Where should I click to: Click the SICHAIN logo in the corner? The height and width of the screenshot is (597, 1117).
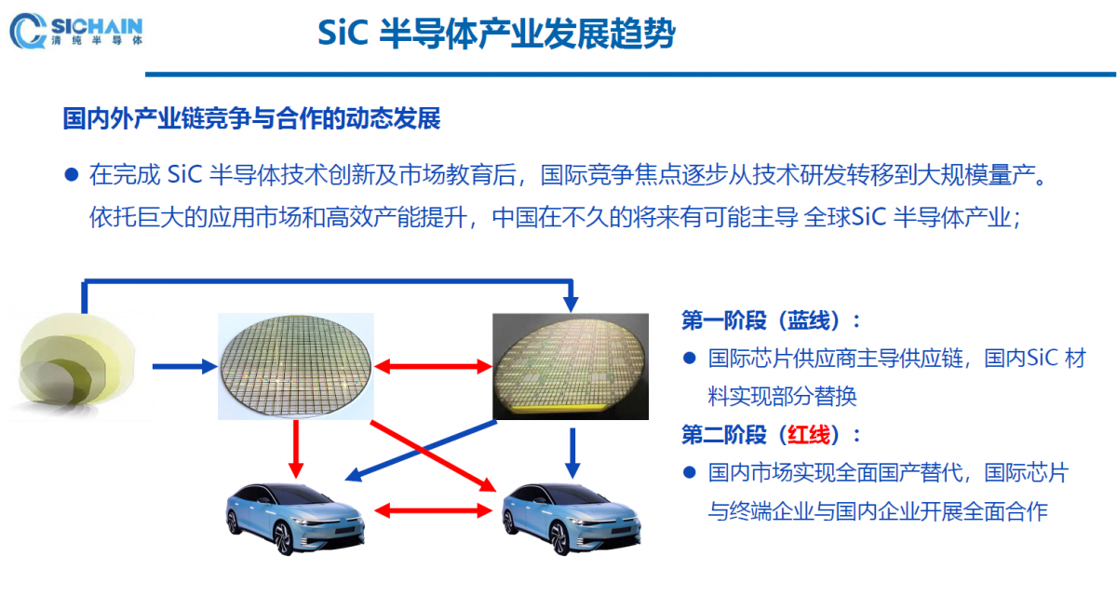[76, 31]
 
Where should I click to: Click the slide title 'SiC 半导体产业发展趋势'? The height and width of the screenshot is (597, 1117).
[496, 34]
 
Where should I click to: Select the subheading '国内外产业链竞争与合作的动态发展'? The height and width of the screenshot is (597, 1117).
[252, 118]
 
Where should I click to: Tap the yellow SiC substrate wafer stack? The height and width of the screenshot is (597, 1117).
[77, 366]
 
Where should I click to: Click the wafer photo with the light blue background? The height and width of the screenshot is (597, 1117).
[296, 366]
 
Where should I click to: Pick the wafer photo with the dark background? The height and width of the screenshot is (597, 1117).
[571, 366]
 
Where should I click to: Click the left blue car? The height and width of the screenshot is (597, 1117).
[296, 518]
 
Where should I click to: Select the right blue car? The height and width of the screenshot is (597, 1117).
[572, 518]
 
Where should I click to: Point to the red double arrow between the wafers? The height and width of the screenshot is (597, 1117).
[434, 367]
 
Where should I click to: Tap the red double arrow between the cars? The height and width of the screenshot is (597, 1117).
[434, 510]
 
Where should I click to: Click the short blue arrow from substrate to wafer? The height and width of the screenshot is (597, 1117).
[185, 367]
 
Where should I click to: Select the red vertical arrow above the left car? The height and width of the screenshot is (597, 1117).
[296, 449]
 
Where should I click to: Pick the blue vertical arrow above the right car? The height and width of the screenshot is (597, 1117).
[572, 454]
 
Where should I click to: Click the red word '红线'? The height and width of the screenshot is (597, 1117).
[809, 435]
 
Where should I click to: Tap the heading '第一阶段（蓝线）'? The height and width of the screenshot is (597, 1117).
[765, 320]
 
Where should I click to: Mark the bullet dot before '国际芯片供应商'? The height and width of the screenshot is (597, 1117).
[689, 358]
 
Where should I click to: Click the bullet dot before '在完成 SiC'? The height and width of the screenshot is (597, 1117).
[72, 174]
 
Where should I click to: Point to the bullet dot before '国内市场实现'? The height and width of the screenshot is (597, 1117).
[689, 472]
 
